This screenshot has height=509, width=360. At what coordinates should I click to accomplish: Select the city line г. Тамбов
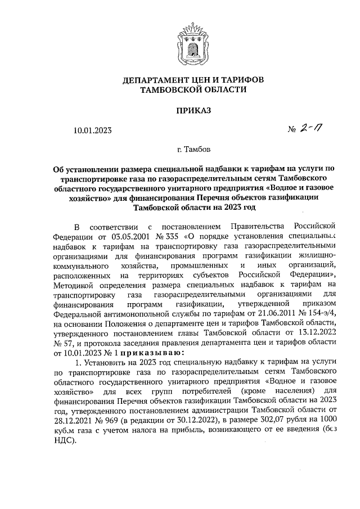tap(193, 150)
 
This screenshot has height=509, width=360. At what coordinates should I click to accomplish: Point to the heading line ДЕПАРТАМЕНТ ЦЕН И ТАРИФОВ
tap(193, 80)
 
